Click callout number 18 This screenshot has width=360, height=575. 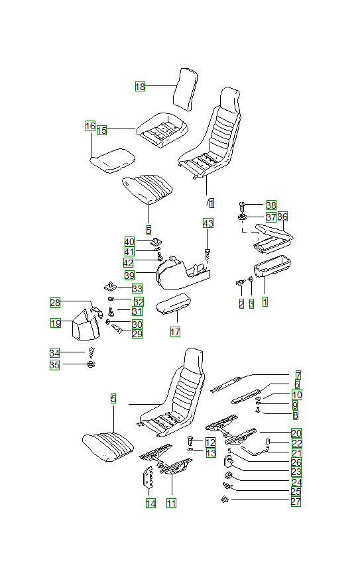point(140,87)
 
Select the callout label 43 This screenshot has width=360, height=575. point(208,223)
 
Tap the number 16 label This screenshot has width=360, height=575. point(90,126)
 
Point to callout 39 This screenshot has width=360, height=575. point(129,275)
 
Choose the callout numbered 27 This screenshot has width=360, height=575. point(296,501)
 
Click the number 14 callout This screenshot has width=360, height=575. point(150,503)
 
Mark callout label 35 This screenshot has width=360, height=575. point(54,365)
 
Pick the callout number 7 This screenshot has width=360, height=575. point(298,376)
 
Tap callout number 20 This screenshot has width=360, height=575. point(296,433)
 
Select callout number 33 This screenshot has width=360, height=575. point(137,289)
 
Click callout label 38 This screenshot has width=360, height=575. point(271,205)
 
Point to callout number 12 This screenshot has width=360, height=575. point(210,443)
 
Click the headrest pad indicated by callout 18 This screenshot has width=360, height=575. point(185,89)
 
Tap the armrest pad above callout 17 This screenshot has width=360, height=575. point(174,303)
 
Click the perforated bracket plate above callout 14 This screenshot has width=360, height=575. point(149,478)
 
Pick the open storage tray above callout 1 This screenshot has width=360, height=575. point(272,266)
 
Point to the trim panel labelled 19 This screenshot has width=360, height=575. point(85,325)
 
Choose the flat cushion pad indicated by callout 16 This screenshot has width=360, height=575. point(113,160)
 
